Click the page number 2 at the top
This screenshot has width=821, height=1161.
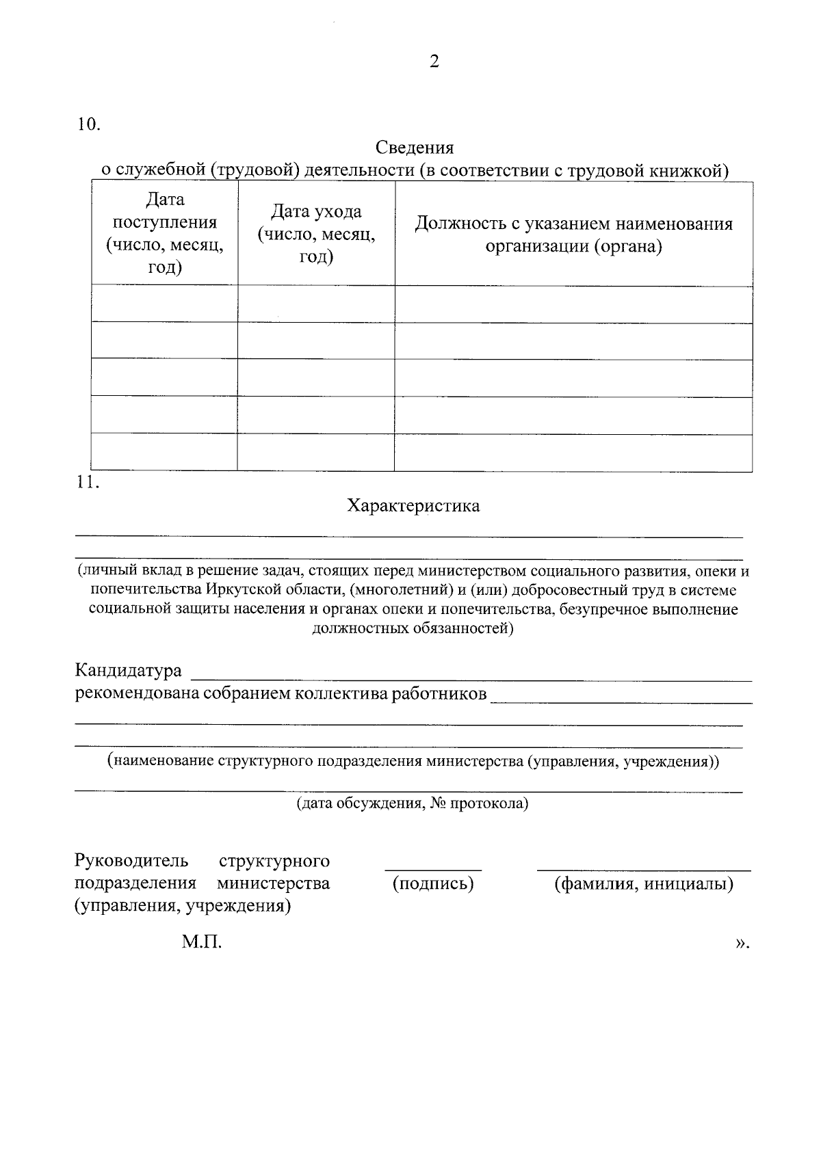(x=434, y=62)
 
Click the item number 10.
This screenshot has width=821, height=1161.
(x=88, y=124)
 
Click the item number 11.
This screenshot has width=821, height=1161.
(x=88, y=482)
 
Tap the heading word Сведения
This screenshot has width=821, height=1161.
(x=415, y=148)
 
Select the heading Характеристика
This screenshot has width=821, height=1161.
(x=413, y=506)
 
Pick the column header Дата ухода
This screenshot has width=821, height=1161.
(x=316, y=212)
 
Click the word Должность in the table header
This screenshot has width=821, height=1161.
(x=456, y=224)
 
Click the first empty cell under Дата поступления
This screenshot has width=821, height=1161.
(x=165, y=304)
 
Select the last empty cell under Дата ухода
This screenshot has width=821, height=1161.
(x=316, y=452)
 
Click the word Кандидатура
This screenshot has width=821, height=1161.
(x=128, y=670)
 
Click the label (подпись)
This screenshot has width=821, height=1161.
(x=433, y=883)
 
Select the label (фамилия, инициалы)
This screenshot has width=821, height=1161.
(x=643, y=883)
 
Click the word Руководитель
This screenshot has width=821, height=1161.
(x=130, y=860)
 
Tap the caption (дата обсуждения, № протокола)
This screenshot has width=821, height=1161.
(x=413, y=803)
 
